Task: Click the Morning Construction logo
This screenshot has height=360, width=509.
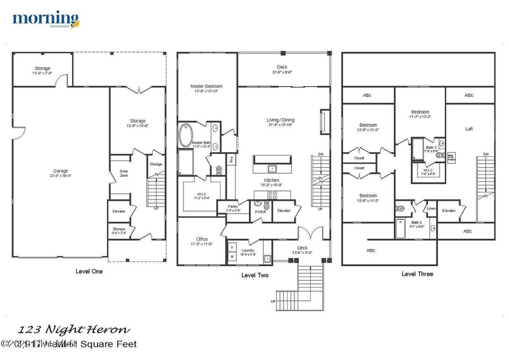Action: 45,21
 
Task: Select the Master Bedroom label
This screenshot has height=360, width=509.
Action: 205,87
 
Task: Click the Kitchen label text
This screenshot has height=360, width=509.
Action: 271,181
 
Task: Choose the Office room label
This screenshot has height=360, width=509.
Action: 202,239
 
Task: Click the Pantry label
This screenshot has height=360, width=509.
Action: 233,207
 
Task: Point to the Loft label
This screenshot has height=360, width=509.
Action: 468,129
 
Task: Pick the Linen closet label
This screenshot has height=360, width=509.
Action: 431,209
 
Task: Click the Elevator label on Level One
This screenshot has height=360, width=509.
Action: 119,211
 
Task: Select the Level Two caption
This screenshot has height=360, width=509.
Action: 254,275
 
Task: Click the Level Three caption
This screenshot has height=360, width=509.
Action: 418,274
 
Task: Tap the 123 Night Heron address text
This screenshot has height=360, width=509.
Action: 73,330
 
